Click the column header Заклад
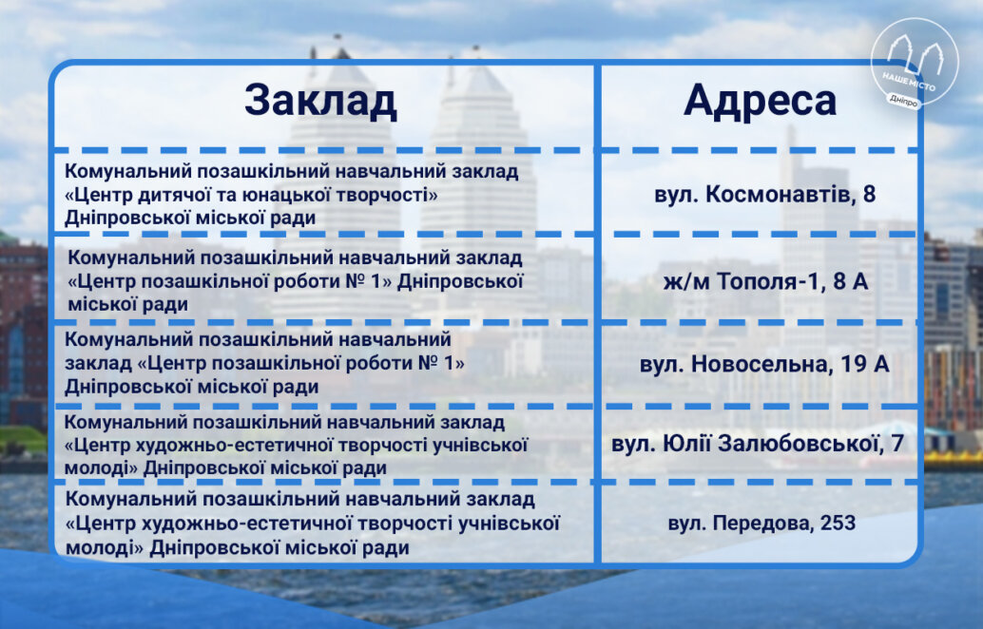[320, 100]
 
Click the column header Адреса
[760, 102]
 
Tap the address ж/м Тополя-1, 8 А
[765, 281]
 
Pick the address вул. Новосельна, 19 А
[764, 364]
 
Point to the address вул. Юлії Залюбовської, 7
[758, 444]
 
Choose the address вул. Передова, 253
[761, 524]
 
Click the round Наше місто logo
[915, 62]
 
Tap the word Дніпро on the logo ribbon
[903, 100]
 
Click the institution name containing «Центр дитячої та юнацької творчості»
[292, 194]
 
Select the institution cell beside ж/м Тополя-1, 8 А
[296, 280]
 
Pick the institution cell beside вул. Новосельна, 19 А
[264, 363]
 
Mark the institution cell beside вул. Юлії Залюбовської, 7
[296, 445]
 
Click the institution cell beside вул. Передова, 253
[312, 524]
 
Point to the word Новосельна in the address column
[763, 364]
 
